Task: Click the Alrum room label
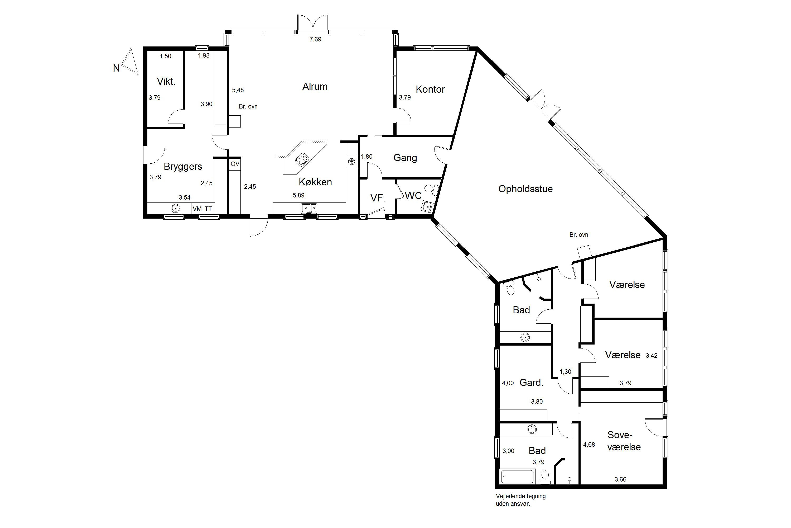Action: point(315,87)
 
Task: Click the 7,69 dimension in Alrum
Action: point(315,39)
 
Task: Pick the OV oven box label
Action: point(235,164)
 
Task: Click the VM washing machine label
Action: point(197,209)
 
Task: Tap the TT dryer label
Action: point(208,209)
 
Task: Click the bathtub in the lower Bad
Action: point(517,477)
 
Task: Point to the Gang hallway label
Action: point(405,158)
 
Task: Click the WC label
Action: point(413,196)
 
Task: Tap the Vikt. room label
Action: point(166,82)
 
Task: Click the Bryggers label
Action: point(183,167)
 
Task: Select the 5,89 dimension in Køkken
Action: point(299,195)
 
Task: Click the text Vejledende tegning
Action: point(520,496)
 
